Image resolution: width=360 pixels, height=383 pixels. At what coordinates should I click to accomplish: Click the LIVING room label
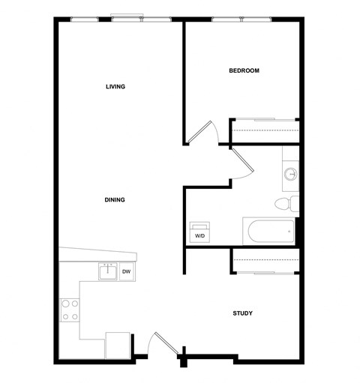[115, 87]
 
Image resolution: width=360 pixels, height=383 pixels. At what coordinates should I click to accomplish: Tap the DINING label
[115, 199]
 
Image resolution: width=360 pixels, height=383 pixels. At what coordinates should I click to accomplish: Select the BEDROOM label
[244, 71]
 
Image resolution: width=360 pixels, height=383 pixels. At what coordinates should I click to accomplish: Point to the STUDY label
[241, 313]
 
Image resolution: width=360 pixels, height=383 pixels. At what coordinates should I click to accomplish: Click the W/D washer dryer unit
[199, 232]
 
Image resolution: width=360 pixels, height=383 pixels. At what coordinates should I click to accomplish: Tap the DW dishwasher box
[127, 271]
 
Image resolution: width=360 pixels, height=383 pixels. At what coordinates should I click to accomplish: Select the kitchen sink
[107, 271]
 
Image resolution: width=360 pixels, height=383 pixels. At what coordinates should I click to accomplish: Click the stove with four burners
[70, 310]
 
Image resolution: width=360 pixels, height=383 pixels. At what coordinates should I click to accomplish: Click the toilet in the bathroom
[286, 204]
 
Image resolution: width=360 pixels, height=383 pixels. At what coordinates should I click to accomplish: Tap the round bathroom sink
[291, 175]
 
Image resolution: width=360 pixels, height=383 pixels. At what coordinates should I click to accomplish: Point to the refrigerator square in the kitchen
[118, 346]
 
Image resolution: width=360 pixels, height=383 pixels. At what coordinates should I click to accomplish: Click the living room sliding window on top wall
[127, 19]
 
